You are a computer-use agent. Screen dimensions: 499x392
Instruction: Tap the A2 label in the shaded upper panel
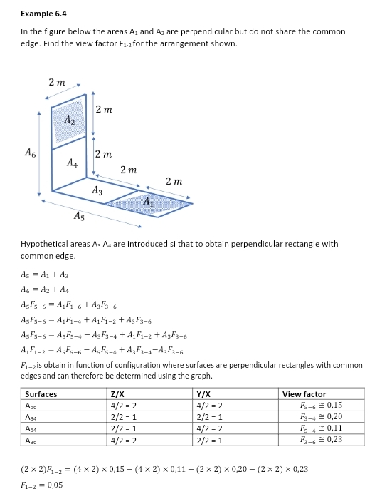coord(69,121)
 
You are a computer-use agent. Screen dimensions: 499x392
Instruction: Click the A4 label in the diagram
coord(71,163)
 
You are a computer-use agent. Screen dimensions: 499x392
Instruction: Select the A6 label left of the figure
coord(28,152)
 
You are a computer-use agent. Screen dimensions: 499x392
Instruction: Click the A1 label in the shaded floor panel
coord(147,202)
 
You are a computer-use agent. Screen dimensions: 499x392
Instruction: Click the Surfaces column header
coord(41,394)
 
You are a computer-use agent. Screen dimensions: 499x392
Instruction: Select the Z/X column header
coord(118,394)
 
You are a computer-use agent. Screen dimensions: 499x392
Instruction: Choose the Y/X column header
coord(203,394)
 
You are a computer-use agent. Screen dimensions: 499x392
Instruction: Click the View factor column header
coord(304,394)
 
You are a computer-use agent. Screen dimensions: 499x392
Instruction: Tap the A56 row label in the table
coord(32,405)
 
